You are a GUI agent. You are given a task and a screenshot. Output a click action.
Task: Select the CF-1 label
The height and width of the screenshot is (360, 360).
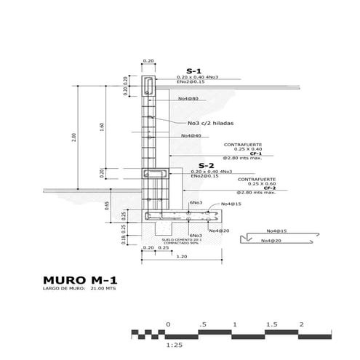(x=256, y=154)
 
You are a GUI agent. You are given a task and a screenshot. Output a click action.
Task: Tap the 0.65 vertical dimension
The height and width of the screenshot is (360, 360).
(x=106, y=205)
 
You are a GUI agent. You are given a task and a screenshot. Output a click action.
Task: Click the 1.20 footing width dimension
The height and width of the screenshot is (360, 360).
(x=180, y=257)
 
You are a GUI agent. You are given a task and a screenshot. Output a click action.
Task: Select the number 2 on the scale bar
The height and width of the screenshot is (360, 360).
(x=300, y=324)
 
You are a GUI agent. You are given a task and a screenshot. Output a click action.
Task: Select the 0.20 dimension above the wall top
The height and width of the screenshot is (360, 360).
(x=148, y=61)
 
